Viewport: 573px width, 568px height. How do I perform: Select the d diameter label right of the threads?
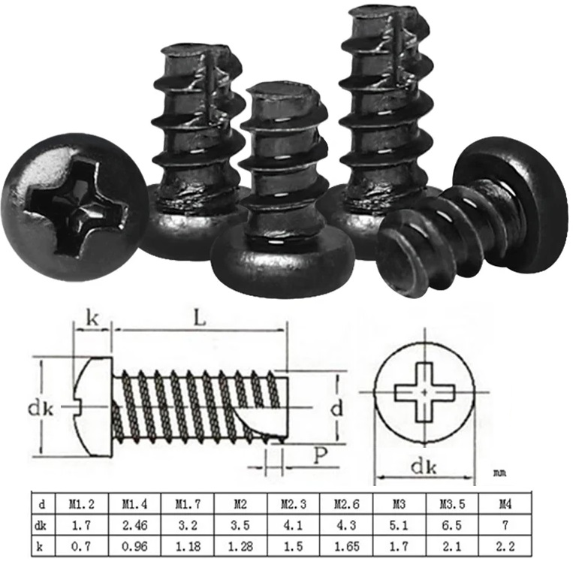coord(337,409)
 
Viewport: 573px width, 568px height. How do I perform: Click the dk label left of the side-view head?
coord(41,409)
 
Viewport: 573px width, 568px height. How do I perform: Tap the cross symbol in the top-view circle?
coord(425,392)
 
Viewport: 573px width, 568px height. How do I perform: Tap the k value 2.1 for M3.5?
coord(452,547)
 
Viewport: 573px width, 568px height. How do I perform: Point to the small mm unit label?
coord(499,474)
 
